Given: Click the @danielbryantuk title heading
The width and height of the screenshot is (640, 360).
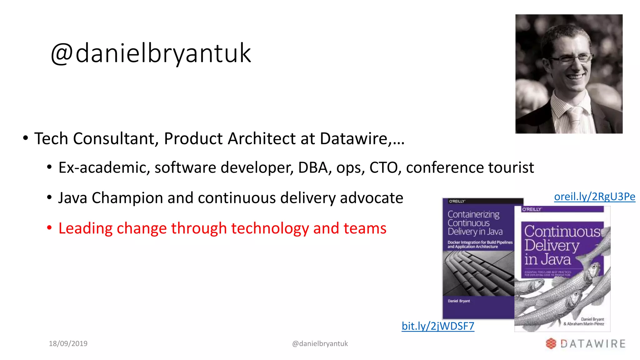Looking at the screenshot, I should click(151, 53).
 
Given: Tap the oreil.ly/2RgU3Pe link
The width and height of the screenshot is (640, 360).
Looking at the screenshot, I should click(594, 197).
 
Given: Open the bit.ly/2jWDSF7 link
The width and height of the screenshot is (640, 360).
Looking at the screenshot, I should click(438, 326).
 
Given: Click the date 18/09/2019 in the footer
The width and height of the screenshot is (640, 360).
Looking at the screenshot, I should click(68, 343).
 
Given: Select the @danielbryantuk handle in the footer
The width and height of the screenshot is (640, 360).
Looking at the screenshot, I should click(320, 343).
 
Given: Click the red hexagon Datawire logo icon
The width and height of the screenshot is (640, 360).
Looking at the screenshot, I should click(551, 343).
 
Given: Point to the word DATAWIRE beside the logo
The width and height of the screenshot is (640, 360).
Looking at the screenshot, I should click(593, 344).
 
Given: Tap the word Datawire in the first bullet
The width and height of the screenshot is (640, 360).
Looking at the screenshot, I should click(354, 138).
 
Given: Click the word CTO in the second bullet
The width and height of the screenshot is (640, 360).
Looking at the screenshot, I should click(383, 167).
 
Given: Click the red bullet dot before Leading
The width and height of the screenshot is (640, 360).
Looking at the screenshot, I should click(49, 228).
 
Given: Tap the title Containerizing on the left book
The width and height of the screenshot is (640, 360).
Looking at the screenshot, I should click(473, 214).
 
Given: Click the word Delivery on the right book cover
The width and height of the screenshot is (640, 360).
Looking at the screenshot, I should click(552, 246).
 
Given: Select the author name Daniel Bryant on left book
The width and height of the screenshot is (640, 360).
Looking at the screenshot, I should click(459, 301).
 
